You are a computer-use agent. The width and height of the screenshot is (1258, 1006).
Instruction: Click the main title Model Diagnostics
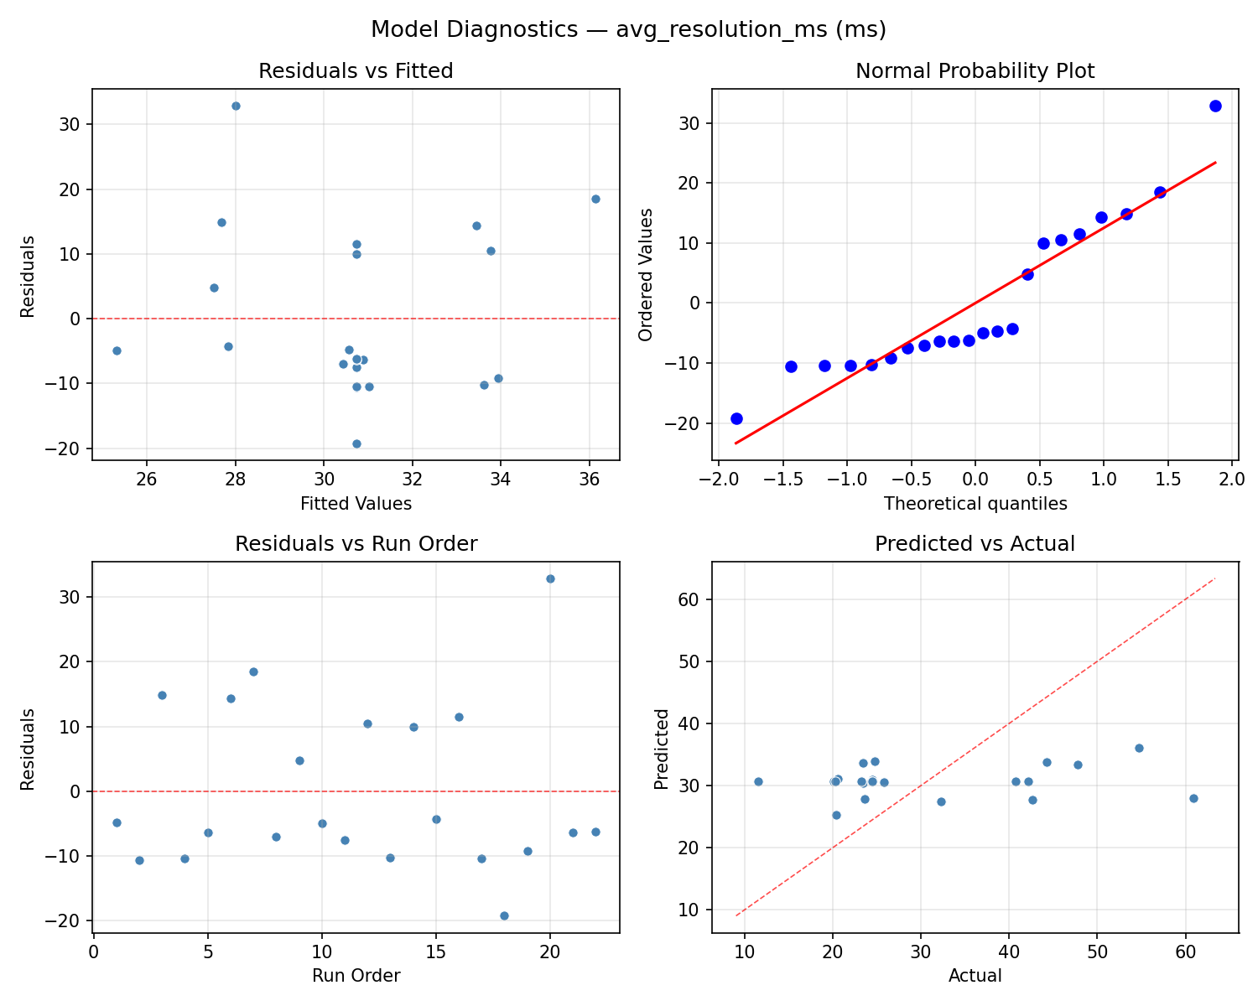click(628, 29)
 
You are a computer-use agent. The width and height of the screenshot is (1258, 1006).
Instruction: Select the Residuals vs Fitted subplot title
click(356, 71)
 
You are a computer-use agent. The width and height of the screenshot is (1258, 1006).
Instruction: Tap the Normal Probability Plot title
click(975, 71)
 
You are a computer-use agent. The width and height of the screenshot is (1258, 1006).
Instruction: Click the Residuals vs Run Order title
click(356, 544)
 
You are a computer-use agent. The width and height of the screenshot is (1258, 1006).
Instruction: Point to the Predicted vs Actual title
click(975, 544)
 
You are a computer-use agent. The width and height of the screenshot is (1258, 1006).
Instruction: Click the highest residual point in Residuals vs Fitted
click(236, 106)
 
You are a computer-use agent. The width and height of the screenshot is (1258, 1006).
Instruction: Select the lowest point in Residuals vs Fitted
click(356, 443)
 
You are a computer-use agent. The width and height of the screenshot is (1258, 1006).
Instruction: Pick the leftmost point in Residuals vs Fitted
click(117, 350)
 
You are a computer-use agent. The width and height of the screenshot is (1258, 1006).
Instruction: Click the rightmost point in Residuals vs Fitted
click(595, 199)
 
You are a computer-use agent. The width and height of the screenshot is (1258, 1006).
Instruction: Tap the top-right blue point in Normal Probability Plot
click(1215, 106)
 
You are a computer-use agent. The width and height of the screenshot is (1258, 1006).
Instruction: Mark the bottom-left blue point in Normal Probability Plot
click(736, 418)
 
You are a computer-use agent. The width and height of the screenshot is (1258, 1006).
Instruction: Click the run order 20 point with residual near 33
click(550, 578)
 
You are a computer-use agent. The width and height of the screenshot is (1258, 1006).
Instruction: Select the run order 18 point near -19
click(504, 915)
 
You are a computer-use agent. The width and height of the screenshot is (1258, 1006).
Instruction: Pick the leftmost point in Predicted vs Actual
click(758, 781)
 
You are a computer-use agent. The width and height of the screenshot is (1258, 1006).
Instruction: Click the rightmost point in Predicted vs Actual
click(1193, 798)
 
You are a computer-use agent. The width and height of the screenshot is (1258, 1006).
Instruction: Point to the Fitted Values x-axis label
click(356, 504)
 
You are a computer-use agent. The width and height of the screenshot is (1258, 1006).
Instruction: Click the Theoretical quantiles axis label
click(975, 504)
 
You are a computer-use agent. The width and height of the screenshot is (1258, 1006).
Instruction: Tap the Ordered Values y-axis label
click(645, 274)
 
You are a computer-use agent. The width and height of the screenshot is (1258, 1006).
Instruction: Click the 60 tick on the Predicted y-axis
click(691, 599)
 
